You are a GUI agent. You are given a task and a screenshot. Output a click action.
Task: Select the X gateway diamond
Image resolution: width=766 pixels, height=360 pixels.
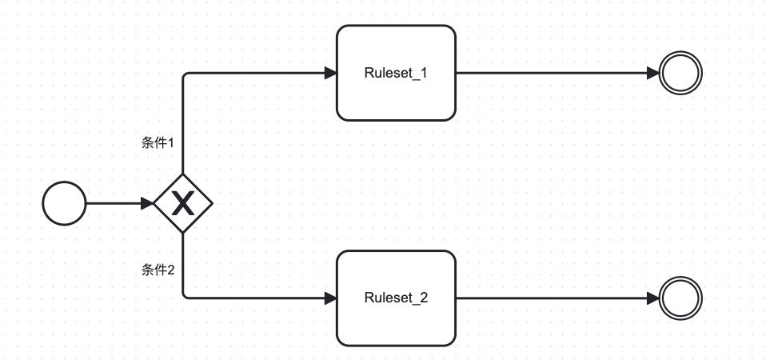click(183, 203)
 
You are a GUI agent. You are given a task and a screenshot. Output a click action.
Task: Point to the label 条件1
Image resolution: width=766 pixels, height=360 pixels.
click(158, 142)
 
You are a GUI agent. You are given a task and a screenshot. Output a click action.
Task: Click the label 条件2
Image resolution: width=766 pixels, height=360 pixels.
click(158, 270)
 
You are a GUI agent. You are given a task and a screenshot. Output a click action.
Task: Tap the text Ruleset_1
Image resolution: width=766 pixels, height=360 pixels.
click(396, 73)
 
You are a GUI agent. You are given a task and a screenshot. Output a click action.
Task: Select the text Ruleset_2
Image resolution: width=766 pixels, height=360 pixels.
click(396, 298)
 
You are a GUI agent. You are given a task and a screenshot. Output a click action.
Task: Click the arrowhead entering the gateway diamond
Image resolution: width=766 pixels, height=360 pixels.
click(147, 203)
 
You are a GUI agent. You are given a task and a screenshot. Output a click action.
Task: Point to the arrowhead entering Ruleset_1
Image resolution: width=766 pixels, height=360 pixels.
click(330, 73)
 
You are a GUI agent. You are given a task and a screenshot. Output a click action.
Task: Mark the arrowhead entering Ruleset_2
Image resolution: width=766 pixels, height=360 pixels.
click(330, 298)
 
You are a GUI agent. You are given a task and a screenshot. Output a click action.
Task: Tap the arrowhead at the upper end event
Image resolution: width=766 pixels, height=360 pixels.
click(652, 73)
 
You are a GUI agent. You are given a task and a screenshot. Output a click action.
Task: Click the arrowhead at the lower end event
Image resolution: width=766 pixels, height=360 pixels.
click(652, 298)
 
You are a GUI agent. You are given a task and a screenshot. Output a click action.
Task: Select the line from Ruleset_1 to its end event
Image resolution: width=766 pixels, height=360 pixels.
click(557, 73)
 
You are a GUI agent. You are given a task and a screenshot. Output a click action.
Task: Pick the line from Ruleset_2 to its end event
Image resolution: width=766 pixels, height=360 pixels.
click(557, 298)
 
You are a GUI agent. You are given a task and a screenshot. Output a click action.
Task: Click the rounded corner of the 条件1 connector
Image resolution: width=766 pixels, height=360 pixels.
click(185, 74)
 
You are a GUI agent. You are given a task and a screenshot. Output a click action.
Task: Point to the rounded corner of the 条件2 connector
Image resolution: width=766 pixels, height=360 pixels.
click(185, 297)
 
